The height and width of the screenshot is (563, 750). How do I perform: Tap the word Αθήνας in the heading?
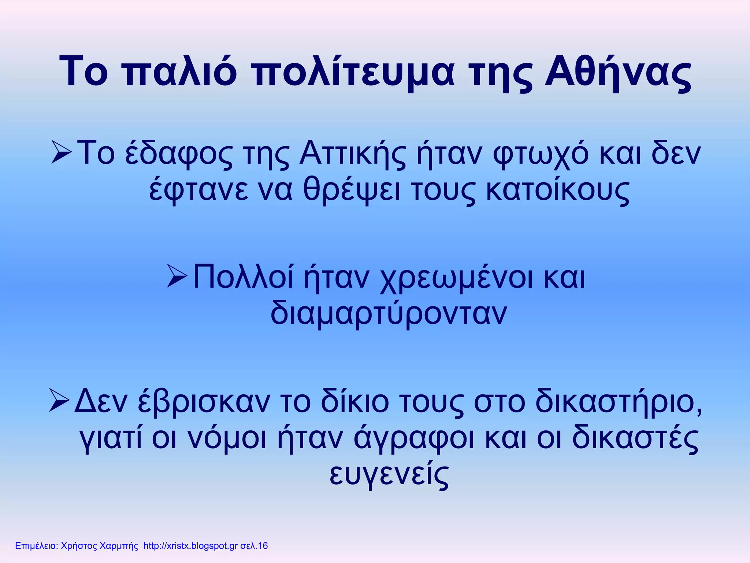pyautogui.click(x=618, y=72)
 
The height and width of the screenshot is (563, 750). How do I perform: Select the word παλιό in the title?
pyautogui.click(x=180, y=72)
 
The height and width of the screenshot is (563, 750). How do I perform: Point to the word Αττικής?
pyautogui.click(x=353, y=154)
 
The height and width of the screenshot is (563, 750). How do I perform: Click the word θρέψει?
pyautogui.click(x=352, y=191)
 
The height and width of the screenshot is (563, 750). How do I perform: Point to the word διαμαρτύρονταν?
pyautogui.click(x=389, y=314)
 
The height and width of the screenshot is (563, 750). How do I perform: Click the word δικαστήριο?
pyautogui.click(x=619, y=402)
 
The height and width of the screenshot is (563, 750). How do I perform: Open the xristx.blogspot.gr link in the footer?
pyautogui.click(x=190, y=546)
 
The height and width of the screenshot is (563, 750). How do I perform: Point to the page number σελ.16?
pyautogui.click(x=254, y=546)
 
